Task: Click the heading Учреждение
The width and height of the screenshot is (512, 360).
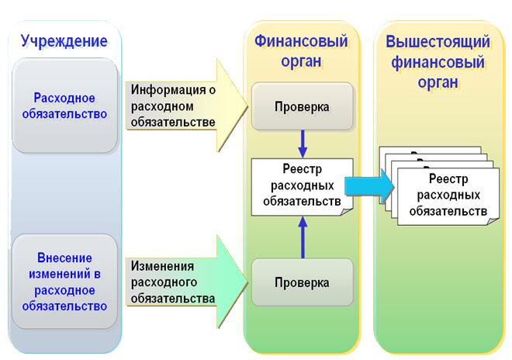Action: [64, 41]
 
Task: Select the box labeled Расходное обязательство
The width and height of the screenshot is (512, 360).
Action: [64, 106]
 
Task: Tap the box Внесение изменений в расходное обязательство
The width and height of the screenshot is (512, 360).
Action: [64, 282]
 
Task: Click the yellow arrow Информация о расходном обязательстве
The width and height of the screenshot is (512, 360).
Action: [186, 106]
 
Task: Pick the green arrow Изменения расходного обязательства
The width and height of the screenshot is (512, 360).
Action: [186, 282]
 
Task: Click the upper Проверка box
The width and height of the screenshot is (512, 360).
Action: [303, 106]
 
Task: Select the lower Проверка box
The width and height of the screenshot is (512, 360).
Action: [303, 282]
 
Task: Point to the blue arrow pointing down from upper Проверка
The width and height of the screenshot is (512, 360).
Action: [303, 144]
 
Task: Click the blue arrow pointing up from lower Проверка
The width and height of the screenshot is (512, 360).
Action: [303, 237]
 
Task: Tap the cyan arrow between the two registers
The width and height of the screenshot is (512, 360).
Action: [369, 186]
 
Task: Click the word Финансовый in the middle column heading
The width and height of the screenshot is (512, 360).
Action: [301, 41]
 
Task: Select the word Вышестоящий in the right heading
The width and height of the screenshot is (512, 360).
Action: [438, 42]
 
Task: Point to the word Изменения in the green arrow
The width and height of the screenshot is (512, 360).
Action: [162, 266]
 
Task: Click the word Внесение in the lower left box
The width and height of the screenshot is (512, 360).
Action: [64, 258]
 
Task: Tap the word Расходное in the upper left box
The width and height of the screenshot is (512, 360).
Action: [64, 98]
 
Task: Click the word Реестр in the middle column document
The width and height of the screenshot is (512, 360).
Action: [302, 169]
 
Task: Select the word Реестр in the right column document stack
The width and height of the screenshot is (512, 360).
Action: [448, 178]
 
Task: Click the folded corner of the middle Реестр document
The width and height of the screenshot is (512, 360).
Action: [347, 212]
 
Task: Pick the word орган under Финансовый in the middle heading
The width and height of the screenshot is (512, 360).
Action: [301, 61]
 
